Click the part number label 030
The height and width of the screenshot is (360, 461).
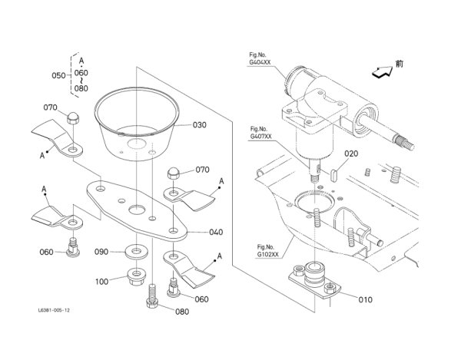coord(199,125)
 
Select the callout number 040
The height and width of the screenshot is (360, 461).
coord(216,233)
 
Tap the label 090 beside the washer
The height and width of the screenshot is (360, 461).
coord(101,252)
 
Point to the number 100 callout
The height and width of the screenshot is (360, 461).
coord(101,282)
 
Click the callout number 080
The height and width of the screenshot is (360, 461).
coord(182,312)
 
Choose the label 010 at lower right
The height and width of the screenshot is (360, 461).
coord(365,300)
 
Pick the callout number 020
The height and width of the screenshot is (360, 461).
coord(351,154)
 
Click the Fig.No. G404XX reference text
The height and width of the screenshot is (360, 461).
coord(260,59)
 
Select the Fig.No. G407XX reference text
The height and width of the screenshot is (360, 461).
coord(260,133)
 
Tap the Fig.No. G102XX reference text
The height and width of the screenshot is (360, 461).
coord(267,251)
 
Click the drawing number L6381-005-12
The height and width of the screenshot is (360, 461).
coord(54,310)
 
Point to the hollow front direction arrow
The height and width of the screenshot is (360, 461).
coord(382,72)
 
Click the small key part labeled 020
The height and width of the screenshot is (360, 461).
coord(334,173)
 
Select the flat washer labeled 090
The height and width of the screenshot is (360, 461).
coord(136,252)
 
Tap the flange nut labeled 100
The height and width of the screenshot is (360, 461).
coord(136,276)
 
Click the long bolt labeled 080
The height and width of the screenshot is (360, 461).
coord(151,296)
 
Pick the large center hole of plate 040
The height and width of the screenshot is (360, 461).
coord(137,210)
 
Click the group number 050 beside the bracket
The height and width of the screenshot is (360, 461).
coord(58,76)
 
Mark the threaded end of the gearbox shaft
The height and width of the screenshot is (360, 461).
coord(405,142)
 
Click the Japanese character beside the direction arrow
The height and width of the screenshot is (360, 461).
coord(399,64)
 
